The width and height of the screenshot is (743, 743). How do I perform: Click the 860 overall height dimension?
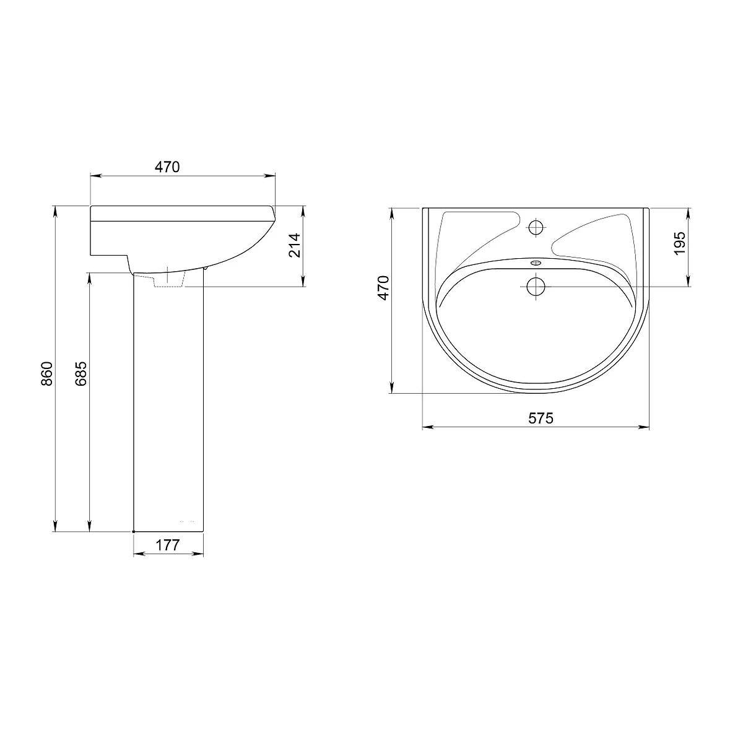coord(46,373)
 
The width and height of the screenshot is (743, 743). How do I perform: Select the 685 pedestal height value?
coord(80,373)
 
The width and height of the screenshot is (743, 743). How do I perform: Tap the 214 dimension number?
coord(295,245)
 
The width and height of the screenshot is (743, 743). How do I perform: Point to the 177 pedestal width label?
coord(168,545)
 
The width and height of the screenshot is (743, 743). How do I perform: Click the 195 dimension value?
coord(680,243)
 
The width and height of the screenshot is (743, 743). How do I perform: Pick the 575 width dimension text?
coord(541,418)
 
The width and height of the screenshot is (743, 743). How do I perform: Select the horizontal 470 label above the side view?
coord(167,167)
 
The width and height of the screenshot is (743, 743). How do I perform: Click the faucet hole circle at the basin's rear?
coord(536,227)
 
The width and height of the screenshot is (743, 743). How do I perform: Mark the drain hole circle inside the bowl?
coord(536,287)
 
